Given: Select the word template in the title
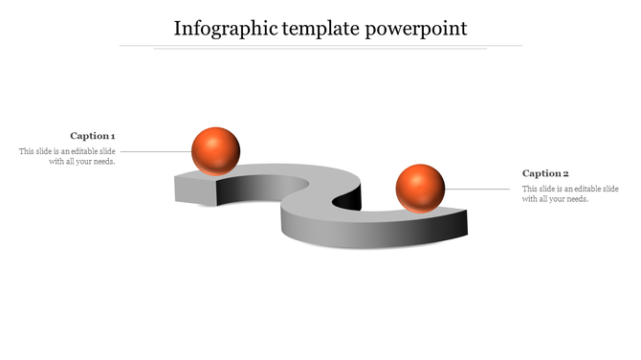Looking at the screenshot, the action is click(321, 29).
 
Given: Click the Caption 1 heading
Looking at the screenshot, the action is click(93, 136).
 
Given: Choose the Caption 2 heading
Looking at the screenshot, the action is click(545, 173).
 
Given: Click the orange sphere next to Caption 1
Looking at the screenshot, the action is click(215, 150).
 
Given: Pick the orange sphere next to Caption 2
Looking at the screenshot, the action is click(420, 188).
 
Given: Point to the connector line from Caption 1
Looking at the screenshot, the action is click(155, 151).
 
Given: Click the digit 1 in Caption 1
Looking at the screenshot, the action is click(113, 136).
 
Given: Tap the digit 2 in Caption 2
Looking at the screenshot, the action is click(566, 173).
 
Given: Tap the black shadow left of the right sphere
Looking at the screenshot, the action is click(351, 198).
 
